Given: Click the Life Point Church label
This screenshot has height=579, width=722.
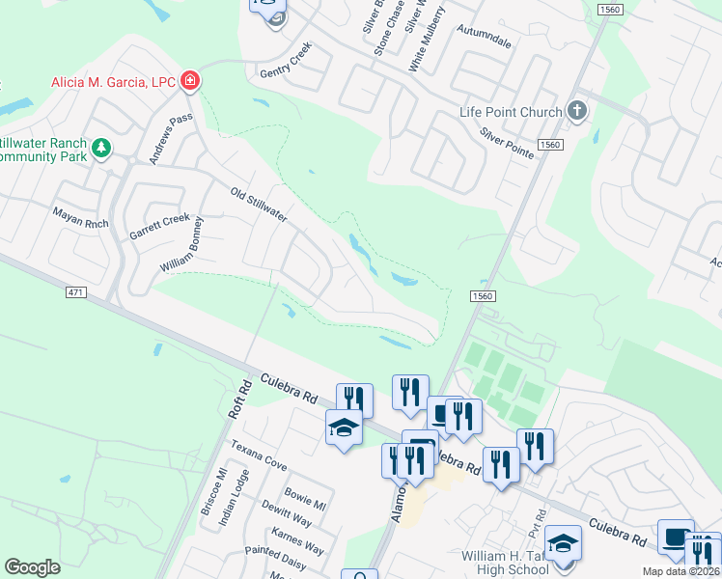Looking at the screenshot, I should (x=511, y=112).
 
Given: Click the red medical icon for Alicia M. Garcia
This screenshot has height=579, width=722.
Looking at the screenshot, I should (x=190, y=80).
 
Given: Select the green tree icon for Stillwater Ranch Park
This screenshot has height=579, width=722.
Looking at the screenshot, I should (x=100, y=149).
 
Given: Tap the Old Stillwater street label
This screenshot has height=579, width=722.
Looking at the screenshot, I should (x=259, y=204).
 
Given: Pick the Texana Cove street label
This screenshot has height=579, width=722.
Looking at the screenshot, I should (x=258, y=455).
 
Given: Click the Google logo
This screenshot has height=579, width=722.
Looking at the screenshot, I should (x=33, y=567).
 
